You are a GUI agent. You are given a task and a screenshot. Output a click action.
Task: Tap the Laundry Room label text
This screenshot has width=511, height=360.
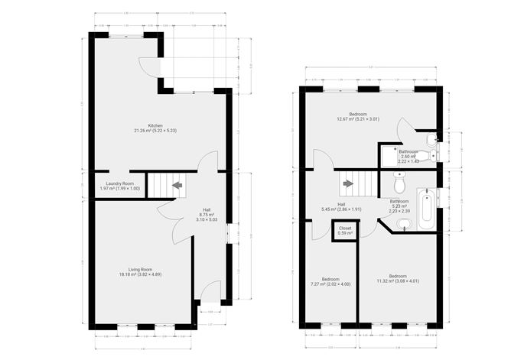point(119,186)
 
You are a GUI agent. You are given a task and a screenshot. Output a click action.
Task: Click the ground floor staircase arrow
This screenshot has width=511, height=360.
point(177,184)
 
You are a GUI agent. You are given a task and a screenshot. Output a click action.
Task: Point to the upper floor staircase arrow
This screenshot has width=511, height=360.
point(349,183)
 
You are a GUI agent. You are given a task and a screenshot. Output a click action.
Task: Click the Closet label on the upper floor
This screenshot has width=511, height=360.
point(345,230)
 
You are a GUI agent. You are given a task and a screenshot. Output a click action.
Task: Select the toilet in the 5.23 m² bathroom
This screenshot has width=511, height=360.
point(399,184)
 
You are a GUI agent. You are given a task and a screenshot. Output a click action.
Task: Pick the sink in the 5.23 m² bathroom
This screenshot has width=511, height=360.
point(404,223)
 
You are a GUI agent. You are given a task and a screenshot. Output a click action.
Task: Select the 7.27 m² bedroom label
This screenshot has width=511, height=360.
point(330,282)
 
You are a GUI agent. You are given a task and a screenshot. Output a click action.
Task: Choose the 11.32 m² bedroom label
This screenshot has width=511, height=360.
point(398,278)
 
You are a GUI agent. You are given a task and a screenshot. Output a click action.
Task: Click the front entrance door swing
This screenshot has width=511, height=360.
point(210,292)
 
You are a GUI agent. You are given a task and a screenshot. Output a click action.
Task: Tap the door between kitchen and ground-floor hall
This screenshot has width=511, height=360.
point(205,161)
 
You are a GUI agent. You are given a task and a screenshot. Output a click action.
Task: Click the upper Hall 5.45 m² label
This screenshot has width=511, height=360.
point(340,207)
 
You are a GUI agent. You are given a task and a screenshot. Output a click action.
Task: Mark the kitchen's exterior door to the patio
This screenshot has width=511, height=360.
point(153,67)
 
